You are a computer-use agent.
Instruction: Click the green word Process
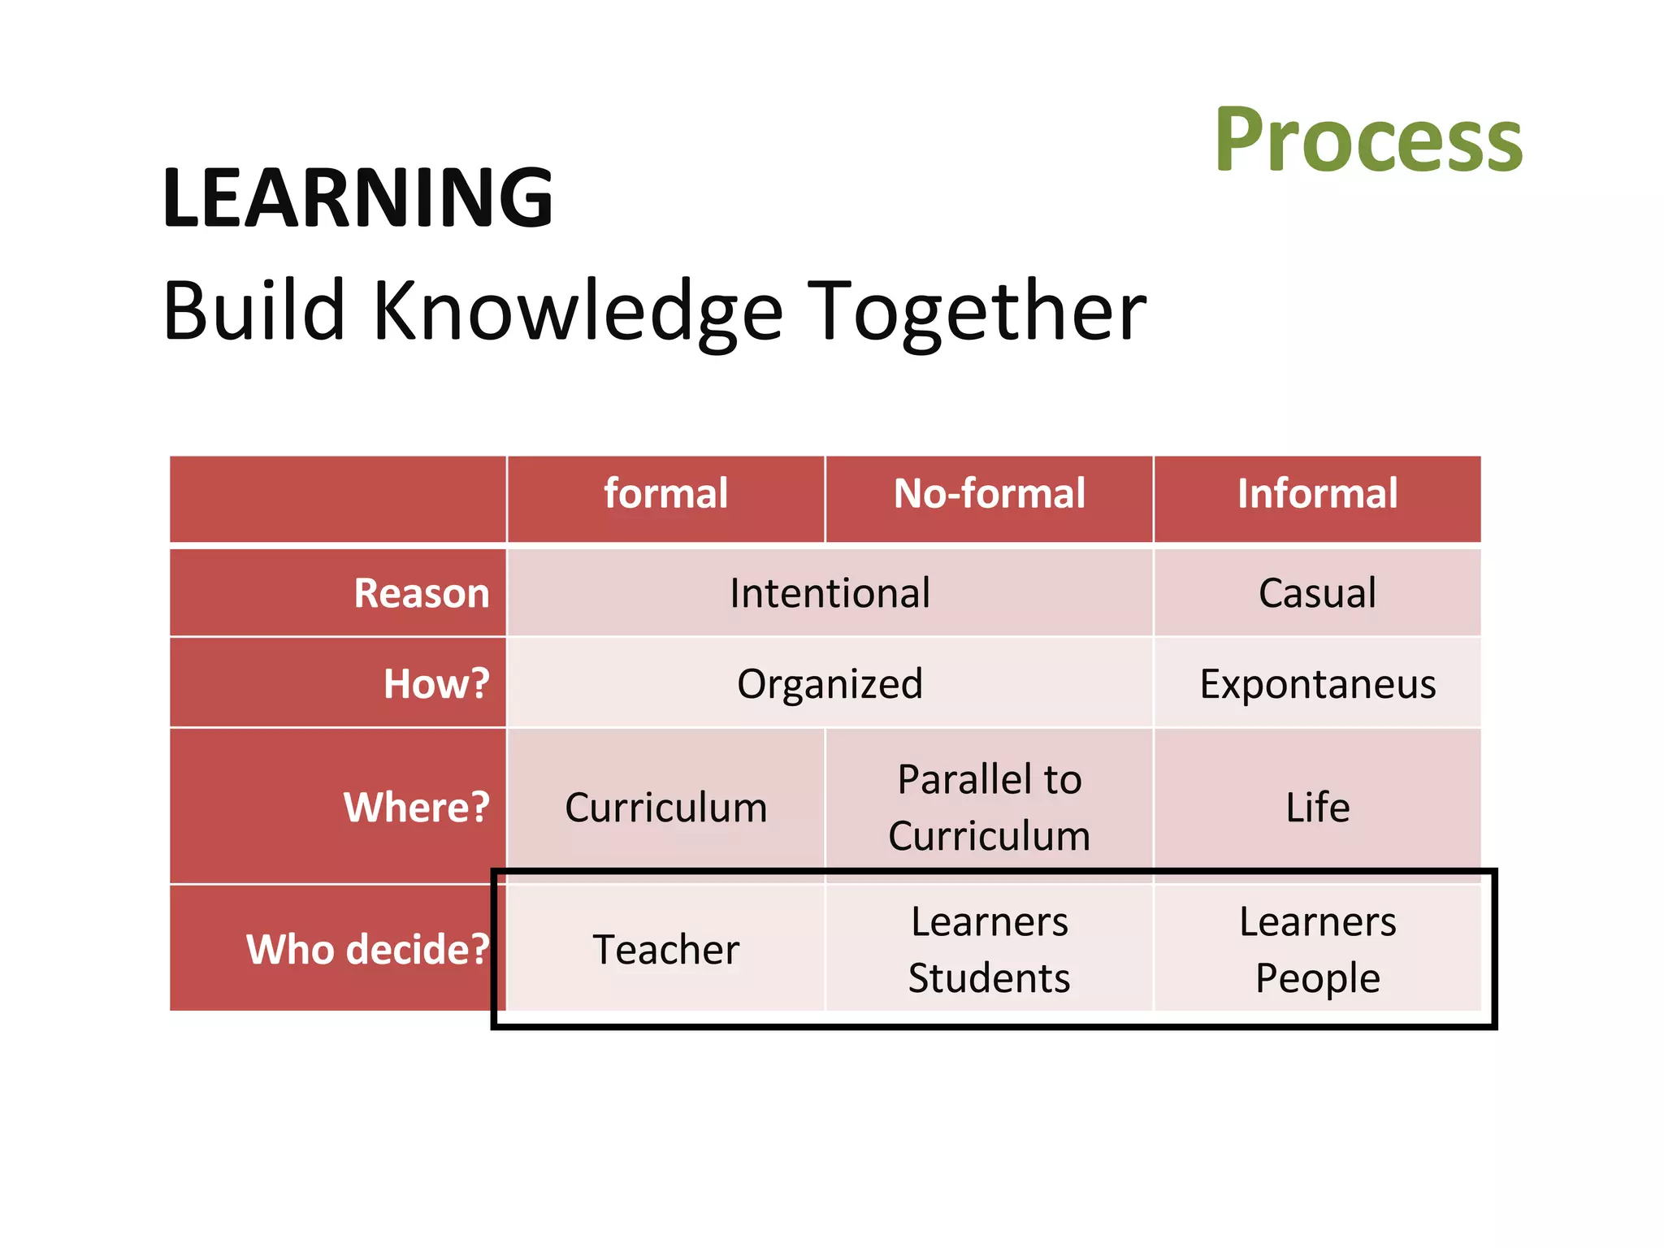1368,141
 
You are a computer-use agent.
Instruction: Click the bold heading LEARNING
357,197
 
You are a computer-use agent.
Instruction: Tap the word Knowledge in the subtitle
578,312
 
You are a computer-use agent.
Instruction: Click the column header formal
665,494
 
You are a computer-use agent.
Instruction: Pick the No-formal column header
989,494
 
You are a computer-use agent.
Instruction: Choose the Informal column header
1317,494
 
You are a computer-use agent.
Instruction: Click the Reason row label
422,593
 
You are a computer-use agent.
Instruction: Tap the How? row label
436,684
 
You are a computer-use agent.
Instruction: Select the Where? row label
417,808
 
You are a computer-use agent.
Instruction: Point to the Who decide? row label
367,949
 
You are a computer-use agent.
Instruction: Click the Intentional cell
830,593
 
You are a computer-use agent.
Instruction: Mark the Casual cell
1317,593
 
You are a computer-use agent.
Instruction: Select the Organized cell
830,684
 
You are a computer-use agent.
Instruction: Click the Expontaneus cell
1317,684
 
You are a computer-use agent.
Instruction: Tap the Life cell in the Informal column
1317,808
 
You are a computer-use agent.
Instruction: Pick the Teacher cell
665,949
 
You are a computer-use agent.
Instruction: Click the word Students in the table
989,977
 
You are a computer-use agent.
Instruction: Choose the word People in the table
1317,977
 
